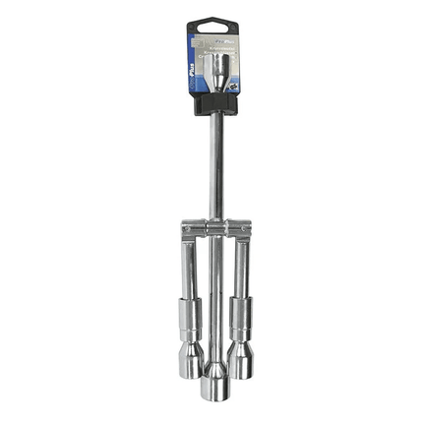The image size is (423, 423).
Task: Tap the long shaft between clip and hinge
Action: click(212, 167)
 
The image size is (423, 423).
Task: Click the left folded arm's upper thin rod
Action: click(188, 266)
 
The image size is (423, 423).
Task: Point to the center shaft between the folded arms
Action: click(212, 295)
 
